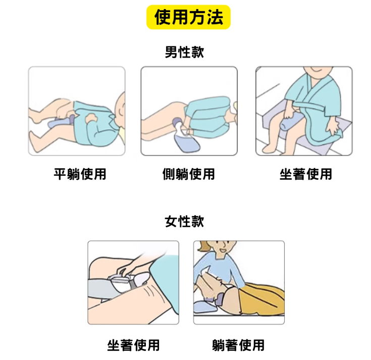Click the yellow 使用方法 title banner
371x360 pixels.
188,17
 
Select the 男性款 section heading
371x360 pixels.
184,52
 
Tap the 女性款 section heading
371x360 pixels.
184,222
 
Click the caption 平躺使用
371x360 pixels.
80,174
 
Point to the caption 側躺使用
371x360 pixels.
189,174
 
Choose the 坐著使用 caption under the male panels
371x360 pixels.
306,174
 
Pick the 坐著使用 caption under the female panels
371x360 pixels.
133,345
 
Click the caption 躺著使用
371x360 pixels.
238,345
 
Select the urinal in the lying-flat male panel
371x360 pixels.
61,121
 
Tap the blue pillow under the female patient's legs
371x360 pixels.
205,307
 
